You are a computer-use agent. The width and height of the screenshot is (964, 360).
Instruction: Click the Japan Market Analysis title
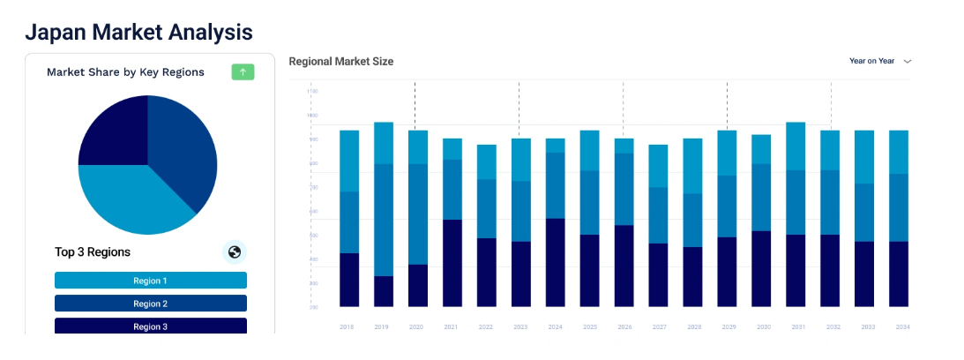(x=138, y=32)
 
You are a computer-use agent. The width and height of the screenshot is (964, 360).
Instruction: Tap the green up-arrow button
(x=243, y=71)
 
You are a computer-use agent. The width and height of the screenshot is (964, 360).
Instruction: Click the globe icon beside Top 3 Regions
(x=234, y=252)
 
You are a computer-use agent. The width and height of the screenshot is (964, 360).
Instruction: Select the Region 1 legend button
(x=150, y=281)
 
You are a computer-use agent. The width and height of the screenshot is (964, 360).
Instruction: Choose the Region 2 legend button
(x=150, y=304)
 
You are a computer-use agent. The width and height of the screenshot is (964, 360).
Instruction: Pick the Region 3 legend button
(x=150, y=326)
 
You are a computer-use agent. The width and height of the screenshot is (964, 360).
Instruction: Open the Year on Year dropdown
(x=879, y=61)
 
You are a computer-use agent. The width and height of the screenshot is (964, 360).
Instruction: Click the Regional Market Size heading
(x=340, y=61)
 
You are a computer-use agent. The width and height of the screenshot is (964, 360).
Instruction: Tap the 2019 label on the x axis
(x=383, y=327)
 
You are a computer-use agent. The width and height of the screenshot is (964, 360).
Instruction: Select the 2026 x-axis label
(x=624, y=327)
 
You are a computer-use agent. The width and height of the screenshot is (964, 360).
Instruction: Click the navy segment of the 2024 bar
(x=556, y=262)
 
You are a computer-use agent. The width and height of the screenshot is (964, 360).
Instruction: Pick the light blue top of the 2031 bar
(x=796, y=146)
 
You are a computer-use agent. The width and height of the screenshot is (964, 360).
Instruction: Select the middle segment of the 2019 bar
(x=383, y=220)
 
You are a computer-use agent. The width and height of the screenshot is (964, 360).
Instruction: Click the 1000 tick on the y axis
(x=312, y=116)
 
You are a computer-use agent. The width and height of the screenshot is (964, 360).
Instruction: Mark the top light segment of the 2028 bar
(x=692, y=166)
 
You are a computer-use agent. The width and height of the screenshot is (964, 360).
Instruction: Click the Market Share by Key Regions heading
(x=125, y=72)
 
